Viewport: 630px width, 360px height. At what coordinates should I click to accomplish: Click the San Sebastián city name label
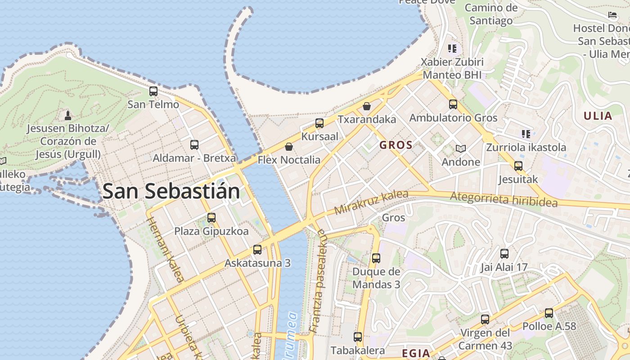171,191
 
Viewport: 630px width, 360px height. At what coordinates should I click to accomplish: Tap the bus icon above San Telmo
153,91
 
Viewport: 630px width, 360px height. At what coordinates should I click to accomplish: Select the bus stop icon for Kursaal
319,123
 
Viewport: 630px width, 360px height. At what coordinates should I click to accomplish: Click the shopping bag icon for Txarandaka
367,106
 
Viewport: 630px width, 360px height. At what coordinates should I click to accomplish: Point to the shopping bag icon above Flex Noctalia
289,147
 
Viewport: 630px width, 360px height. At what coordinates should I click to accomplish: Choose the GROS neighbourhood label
396,145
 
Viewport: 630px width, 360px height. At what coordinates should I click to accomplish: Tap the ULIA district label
598,116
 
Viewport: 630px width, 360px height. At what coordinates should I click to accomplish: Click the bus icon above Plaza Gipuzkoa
211,218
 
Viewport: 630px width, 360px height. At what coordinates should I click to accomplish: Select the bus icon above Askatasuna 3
257,250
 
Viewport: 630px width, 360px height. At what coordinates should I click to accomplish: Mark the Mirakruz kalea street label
371,202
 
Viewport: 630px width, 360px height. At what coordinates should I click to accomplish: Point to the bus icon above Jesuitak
518,166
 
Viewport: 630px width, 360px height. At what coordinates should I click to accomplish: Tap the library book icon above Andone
460,148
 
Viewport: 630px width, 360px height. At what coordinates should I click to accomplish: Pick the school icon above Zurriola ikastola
526,134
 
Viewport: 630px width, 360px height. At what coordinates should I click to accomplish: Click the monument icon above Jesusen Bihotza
68,115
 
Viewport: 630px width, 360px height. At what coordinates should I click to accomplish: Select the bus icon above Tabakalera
358,337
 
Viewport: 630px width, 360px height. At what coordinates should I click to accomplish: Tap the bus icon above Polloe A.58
549,313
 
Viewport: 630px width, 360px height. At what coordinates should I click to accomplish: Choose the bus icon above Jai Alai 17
504,254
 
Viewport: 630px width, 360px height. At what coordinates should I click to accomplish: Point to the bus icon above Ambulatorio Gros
453,104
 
